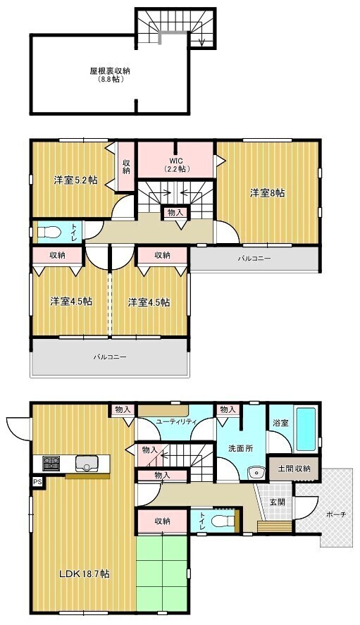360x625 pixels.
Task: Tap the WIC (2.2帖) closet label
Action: (176, 165)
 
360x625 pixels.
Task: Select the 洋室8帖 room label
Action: (268, 193)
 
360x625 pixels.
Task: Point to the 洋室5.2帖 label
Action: (76, 180)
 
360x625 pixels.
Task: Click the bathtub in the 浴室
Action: (306, 429)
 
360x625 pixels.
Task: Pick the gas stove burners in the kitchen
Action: (51, 463)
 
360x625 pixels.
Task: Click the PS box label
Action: (37, 482)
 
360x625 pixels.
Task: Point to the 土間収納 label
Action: (294, 469)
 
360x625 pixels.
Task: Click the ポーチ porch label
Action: (336, 514)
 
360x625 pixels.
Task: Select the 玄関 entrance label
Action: (278, 502)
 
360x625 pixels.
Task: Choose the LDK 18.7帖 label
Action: (84, 574)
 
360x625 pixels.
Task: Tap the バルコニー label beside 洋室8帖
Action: (254, 259)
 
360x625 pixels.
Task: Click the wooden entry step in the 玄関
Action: (275, 526)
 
